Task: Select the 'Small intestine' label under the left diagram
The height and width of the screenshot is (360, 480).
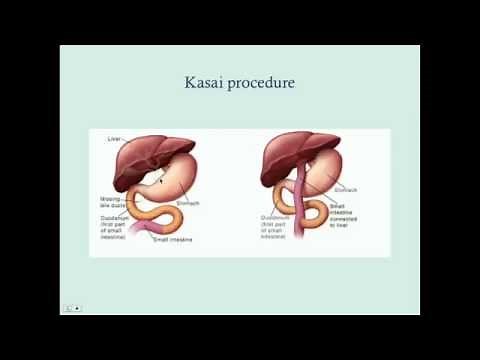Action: (175, 240)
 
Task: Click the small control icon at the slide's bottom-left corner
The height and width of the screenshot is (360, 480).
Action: (69, 308)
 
